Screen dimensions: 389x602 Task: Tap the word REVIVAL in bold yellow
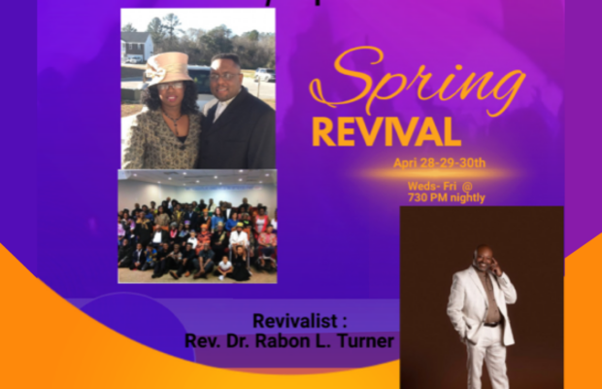(x=385, y=133)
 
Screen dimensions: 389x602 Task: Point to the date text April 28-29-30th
(x=439, y=163)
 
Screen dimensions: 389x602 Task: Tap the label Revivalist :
(x=290, y=320)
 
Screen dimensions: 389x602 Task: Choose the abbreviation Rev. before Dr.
(x=202, y=340)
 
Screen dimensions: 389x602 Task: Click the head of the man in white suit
(x=485, y=255)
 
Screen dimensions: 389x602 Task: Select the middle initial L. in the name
(x=327, y=340)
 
